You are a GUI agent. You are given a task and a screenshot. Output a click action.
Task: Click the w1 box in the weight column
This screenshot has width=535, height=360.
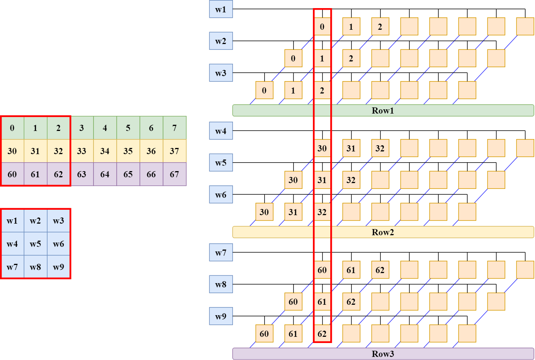tap(221, 9)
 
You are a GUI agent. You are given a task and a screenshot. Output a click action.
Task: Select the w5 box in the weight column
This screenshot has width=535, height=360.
tap(221, 163)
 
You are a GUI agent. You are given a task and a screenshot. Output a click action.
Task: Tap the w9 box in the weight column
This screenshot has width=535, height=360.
tap(221, 316)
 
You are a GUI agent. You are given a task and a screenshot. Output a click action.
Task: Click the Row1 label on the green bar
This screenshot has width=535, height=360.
tap(382, 110)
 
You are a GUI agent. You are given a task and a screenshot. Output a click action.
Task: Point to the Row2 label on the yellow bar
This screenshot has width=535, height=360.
tap(382, 232)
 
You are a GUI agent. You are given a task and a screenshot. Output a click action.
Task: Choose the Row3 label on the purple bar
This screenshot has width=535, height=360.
tap(382, 354)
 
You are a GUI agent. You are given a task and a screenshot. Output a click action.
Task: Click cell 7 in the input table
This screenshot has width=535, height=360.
tap(175, 128)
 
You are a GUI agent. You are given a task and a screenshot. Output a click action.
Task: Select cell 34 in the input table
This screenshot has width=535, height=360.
tap(105, 151)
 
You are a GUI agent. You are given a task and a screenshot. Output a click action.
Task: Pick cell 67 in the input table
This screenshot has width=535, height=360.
tap(175, 174)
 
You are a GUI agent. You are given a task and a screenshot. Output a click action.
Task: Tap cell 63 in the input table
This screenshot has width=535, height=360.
tap(82, 174)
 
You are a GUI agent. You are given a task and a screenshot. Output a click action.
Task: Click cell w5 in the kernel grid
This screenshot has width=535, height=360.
tap(36, 244)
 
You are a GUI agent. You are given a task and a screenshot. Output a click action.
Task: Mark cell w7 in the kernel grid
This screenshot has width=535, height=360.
tap(12, 267)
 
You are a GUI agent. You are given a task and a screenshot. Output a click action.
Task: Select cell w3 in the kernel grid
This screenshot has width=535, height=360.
tap(59, 221)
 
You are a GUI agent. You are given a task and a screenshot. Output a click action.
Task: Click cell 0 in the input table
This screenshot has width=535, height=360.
tap(12, 128)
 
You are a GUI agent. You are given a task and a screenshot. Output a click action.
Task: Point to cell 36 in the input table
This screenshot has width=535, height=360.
tap(151, 151)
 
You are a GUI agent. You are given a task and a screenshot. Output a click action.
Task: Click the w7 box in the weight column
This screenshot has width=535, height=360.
tap(221, 253)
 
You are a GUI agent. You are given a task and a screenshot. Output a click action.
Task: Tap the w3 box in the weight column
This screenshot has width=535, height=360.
tap(221, 73)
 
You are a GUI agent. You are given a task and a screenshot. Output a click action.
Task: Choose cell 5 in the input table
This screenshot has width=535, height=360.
tap(128, 128)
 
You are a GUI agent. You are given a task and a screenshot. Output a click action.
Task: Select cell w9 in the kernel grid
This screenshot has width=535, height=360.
tap(59, 267)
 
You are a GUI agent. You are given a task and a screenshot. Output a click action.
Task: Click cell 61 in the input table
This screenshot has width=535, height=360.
tap(36, 174)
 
